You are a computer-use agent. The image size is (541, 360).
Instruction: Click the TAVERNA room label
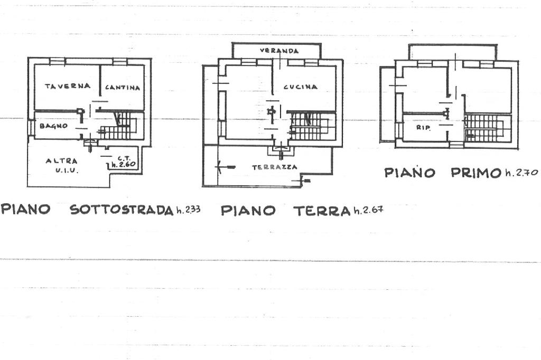click(x=67, y=86)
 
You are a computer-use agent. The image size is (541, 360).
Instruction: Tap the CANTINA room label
click(x=123, y=88)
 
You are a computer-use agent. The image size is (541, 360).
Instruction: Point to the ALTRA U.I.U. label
click(x=61, y=165)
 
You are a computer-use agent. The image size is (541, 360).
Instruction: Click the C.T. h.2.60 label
click(x=124, y=162)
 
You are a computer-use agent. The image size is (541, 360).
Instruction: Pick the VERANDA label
click(x=279, y=51)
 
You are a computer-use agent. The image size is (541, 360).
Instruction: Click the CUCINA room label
click(x=300, y=87)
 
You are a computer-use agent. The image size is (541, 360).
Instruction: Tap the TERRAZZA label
click(x=274, y=167)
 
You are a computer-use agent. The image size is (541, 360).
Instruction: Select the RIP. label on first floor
click(x=423, y=127)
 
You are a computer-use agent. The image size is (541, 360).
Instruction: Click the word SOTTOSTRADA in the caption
click(x=122, y=210)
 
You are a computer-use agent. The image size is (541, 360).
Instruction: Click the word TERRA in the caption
click(x=322, y=211)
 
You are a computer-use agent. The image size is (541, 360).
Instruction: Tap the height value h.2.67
click(x=368, y=211)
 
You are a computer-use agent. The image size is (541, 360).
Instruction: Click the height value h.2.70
click(x=521, y=172)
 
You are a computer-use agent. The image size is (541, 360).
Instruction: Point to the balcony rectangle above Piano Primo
click(x=453, y=52)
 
